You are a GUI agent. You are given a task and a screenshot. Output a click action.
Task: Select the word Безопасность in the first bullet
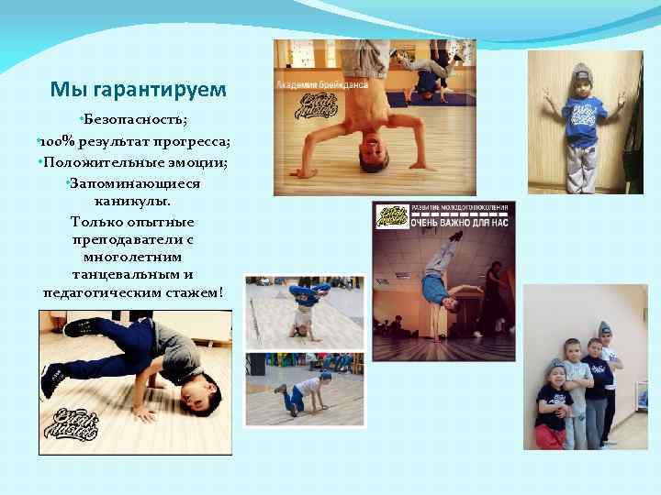pos(137,121)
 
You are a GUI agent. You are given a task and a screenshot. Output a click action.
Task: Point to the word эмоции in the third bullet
pos(196,162)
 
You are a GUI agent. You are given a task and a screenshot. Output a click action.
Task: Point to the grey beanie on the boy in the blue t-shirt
pos(581,73)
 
